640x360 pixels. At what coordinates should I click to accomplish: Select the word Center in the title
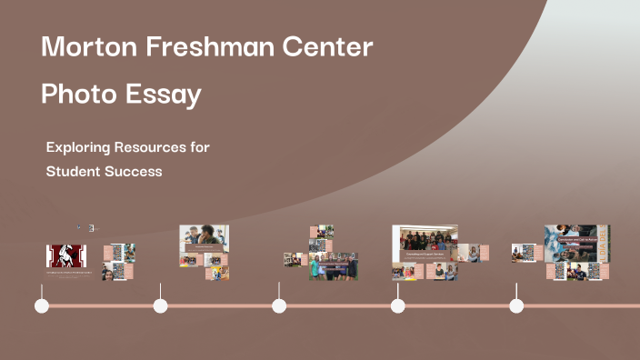pos(326,47)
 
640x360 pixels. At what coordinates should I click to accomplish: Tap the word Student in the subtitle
pos(74,171)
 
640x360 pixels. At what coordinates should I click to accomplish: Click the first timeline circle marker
pos(41,305)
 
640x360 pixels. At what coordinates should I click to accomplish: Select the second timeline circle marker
pos(160,305)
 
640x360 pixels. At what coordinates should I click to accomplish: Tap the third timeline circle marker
pos(279,305)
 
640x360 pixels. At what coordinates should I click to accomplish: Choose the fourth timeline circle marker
pos(397,305)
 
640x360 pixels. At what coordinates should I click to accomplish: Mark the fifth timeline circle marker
pos(516,305)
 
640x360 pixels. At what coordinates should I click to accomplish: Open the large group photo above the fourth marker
pos(425,243)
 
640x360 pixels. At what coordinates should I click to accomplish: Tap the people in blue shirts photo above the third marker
pos(333,265)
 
